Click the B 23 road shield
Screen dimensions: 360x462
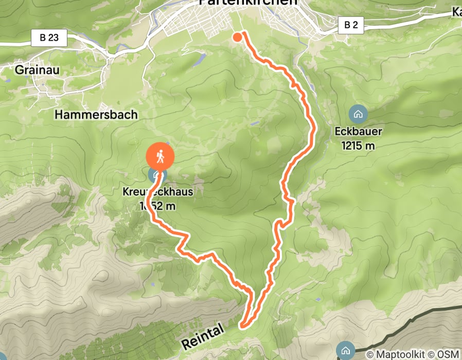[x=49, y=37]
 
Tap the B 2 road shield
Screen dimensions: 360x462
[x=350, y=24]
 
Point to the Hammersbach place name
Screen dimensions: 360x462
[x=96, y=114]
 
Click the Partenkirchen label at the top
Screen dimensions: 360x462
[x=248, y=3]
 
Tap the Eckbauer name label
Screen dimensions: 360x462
[x=358, y=131]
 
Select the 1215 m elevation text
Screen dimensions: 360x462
[x=358, y=146]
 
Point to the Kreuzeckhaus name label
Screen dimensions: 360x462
[x=158, y=192]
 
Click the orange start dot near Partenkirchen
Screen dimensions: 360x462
[x=237, y=37]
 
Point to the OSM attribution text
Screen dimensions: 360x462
[x=446, y=354]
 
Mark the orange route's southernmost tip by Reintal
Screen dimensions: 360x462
[x=243, y=325]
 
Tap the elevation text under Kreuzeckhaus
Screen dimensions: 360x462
[x=158, y=206]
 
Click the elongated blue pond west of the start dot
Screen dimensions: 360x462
[x=198, y=61]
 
